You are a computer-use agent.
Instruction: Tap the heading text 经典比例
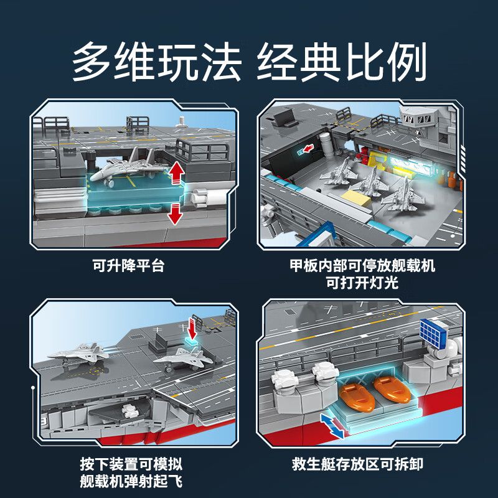pos(341,63)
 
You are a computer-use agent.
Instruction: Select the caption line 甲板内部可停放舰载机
pos(362,266)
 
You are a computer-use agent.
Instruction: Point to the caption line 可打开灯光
pos(362,283)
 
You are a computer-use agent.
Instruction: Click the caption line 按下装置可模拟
pos(131,464)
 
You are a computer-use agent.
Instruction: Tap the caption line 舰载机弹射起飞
pos(131,481)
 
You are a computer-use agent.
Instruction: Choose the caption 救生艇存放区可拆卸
pos(362,464)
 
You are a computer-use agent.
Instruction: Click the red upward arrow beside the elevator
pos(177,172)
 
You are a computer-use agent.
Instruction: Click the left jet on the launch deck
pos(77,356)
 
